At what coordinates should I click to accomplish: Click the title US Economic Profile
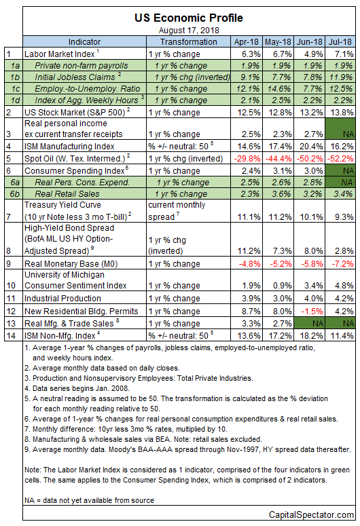[x=189, y=18]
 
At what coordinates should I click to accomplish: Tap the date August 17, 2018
[x=189, y=31]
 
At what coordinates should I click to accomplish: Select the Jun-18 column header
[x=309, y=42]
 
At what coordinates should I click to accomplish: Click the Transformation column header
[x=188, y=42]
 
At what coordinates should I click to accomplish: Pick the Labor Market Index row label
[x=60, y=54]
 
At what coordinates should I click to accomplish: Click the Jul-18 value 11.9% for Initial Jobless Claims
[x=341, y=77]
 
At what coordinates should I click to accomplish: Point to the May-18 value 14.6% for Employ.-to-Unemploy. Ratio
[x=279, y=89]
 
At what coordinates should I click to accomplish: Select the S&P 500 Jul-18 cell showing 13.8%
[x=342, y=113]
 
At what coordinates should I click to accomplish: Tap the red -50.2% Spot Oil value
[x=310, y=158]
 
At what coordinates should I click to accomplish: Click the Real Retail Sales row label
[x=67, y=194]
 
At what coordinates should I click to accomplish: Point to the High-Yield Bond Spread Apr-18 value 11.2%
[x=249, y=251]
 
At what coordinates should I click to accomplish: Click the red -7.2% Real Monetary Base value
[x=342, y=263]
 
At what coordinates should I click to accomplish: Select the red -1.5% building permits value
[x=312, y=312]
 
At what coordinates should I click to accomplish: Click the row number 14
[x=11, y=336]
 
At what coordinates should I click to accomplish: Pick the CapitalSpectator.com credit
[x=311, y=515]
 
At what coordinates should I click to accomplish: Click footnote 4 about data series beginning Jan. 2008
[x=77, y=388]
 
